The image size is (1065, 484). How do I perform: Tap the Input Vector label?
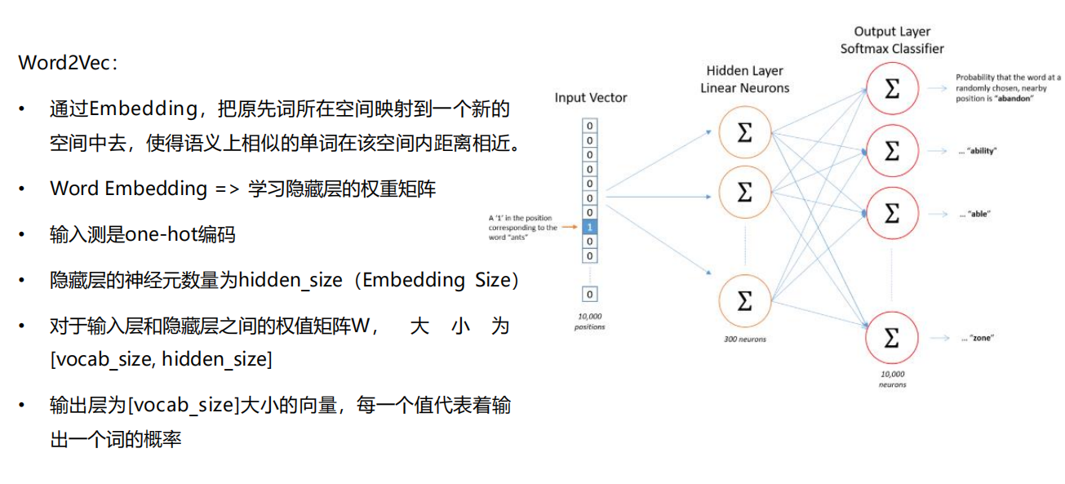point(591,98)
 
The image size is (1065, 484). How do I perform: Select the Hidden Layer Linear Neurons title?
point(744,79)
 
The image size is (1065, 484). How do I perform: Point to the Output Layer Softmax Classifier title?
point(892,40)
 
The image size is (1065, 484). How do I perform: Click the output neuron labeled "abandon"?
point(892,88)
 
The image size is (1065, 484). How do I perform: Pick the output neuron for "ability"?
point(892,151)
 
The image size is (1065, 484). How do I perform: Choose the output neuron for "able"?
point(892,214)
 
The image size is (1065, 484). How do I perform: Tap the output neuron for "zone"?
point(892,336)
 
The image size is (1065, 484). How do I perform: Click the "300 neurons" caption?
point(744,337)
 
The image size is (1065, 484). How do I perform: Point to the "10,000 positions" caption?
point(590,322)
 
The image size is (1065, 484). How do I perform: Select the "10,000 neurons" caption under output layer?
point(892,378)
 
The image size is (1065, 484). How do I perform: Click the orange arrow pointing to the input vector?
point(570,226)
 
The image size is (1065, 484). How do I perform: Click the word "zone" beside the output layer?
point(981,337)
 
